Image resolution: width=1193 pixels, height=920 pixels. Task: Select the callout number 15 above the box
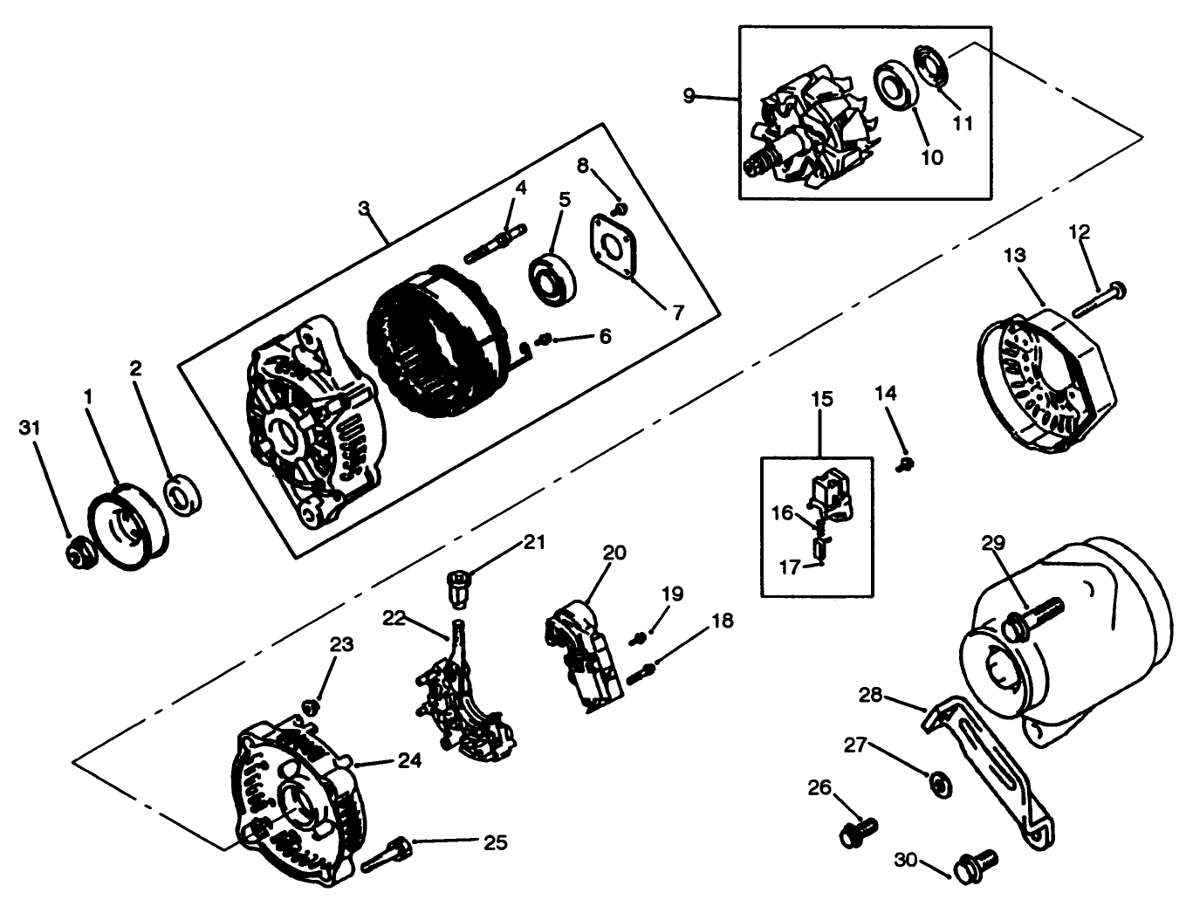(821, 400)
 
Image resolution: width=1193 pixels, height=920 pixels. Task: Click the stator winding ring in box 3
(436, 354)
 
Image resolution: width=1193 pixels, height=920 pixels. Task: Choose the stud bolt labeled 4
(494, 244)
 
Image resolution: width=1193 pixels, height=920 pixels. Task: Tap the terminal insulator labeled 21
(458, 585)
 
